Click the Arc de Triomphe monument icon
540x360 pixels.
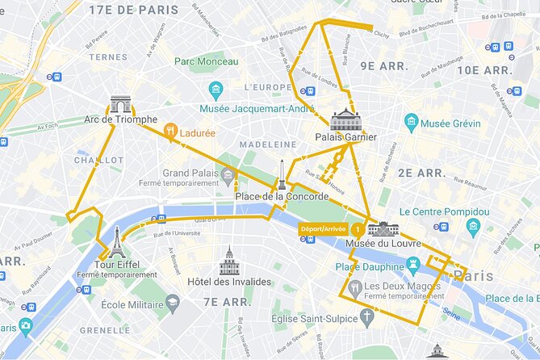click(120, 104)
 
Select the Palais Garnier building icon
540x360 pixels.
click(345, 119)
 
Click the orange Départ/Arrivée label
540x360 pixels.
click(324, 228)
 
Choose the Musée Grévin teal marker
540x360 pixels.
click(412, 123)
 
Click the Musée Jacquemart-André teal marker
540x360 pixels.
click(216, 90)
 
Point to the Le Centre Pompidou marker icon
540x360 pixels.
click(473, 228)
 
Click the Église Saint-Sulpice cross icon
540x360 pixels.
click(367, 317)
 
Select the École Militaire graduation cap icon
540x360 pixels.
click(172, 303)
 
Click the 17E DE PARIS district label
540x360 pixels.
click(134, 10)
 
